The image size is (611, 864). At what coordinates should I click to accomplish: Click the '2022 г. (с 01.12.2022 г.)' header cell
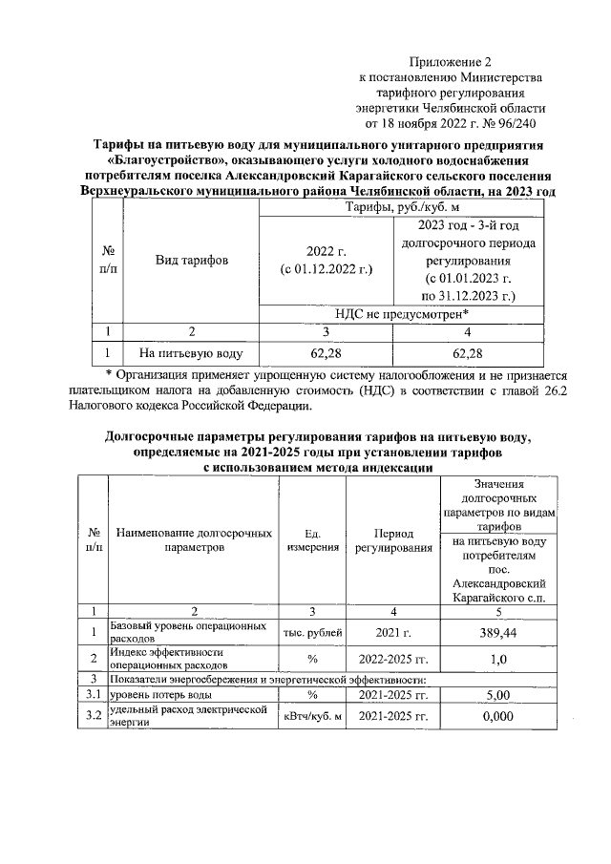click(326, 260)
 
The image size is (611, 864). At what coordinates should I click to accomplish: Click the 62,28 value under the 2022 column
click(326, 353)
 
